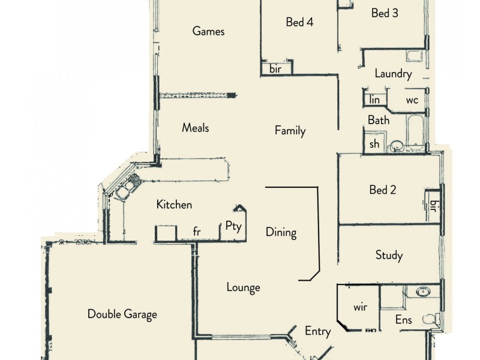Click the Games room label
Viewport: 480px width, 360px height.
click(208, 31)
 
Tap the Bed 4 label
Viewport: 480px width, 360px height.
click(299, 22)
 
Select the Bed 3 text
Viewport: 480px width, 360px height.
click(385, 13)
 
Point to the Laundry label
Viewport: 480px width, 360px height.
click(393, 74)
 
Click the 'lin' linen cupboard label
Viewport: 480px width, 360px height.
click(375, 100)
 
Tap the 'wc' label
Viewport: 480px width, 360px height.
click(412, 100)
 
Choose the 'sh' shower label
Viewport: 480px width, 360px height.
click(374, 144)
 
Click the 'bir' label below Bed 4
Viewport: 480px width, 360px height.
click(275, 69)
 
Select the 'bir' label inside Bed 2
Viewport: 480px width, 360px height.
click(433, 206)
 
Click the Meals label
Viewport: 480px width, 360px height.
click(196, 128)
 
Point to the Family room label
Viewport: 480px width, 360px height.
click(290, 131)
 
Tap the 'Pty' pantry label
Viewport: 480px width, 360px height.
click(233, 226)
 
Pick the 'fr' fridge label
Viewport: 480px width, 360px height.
click(196, 232)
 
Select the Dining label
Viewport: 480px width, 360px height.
click(281, 232)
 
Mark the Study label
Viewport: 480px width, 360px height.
click(389, 255)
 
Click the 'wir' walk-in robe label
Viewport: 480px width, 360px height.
click(360, 307)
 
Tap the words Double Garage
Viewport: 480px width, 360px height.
click(122, 314)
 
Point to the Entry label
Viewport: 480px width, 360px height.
click(317, 331)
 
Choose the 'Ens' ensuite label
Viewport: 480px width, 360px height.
click(403, 320)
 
